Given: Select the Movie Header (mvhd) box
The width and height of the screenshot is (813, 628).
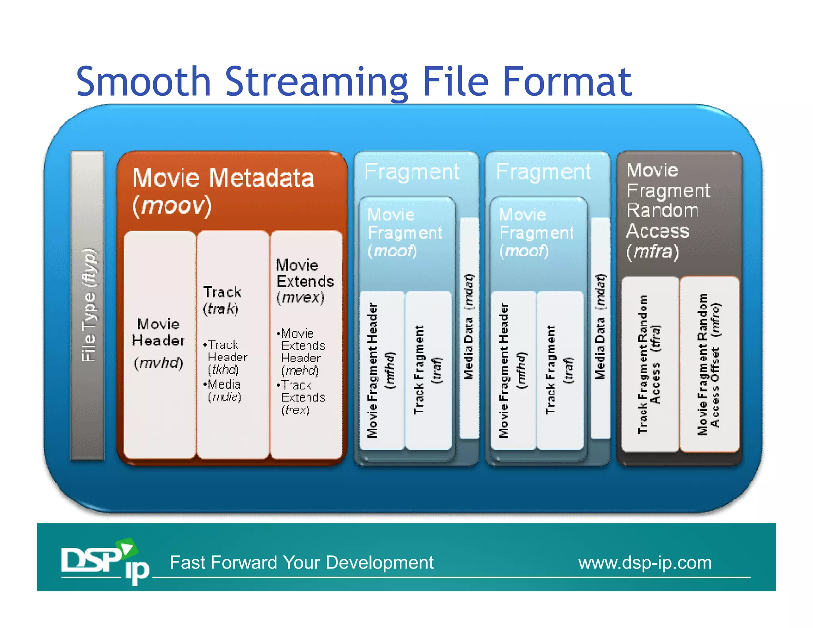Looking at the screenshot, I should (159, 343).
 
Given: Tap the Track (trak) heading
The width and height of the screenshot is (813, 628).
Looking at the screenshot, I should (222, 300).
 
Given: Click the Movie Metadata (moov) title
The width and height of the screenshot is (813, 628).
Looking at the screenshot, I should (223, 191).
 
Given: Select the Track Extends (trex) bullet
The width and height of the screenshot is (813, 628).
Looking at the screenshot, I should (302, 397).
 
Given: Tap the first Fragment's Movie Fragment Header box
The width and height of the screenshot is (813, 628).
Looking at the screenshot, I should (381, 370).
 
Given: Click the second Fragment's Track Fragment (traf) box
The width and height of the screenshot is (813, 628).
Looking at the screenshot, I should (559, 370).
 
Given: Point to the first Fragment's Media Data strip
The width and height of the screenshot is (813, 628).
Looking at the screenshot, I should (469, 327).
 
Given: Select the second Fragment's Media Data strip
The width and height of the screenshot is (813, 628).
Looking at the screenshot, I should (600, 327).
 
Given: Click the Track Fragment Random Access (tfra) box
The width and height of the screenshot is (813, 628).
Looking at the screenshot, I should (649, 364).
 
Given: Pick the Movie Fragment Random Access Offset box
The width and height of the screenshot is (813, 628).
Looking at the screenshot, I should (709, 364).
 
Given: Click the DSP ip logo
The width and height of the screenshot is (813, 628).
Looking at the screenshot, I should (104, 561).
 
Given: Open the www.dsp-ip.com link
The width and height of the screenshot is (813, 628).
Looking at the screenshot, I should (645, 563).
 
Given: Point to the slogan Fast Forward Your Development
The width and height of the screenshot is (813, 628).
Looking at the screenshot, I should (301, 563).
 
